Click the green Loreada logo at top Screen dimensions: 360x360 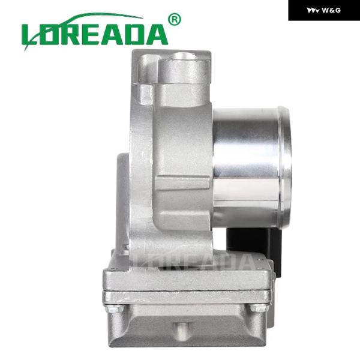click(101, 32)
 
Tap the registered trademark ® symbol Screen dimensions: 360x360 click(175, 19)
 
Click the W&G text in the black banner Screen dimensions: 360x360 click(331, 10)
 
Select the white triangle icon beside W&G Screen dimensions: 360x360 click(313, 11)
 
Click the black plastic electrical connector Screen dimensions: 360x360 click(254, 250)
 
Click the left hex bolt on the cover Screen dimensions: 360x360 click(115, 308)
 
